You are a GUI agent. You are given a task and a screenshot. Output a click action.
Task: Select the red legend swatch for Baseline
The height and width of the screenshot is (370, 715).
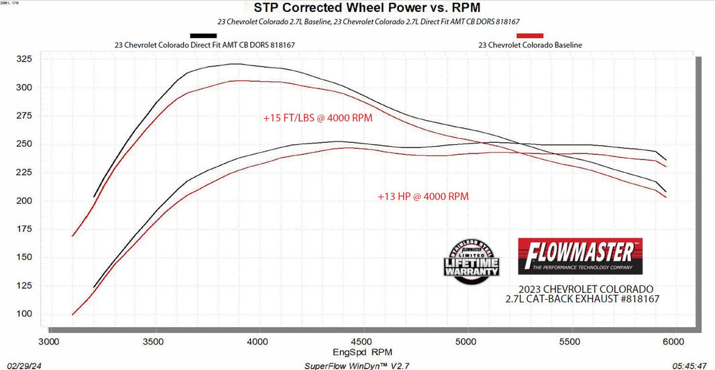click(x=530, y=36)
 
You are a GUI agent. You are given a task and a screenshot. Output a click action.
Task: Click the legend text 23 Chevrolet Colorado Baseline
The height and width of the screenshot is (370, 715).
click(x=530, y=45)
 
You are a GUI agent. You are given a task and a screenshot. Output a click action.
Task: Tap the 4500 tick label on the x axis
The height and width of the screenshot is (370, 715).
click(x=362, y=341)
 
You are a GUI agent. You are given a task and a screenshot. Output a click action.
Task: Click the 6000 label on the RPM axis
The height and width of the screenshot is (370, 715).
click(x=674, y=341)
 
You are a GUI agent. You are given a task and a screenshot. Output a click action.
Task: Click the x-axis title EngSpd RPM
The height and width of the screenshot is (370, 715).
click(x=362, y=351)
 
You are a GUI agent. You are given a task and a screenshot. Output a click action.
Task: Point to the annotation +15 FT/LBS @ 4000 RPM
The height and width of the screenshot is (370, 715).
click(x=318, y=118)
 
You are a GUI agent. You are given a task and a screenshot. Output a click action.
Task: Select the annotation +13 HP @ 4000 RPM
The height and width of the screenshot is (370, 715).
click(x=423, y=196)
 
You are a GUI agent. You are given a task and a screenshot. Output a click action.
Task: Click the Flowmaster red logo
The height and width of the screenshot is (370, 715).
click(x=580, y=255)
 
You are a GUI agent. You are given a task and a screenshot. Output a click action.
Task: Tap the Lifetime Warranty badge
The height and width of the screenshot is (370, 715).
click(x=473, y=262)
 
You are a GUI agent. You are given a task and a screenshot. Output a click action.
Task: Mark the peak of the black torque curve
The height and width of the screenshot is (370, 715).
click(x=234, y=64)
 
